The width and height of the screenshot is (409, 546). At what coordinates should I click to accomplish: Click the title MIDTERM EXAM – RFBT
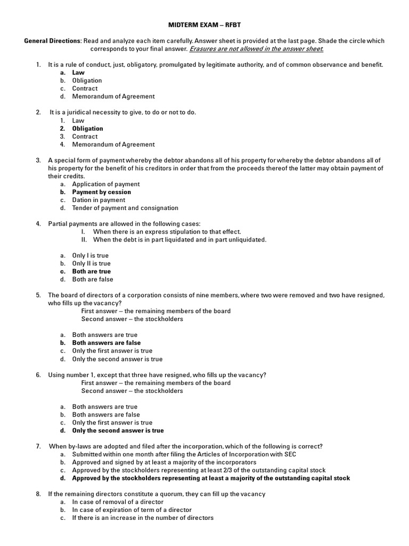[204, 25]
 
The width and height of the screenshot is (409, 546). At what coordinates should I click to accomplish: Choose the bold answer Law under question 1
[78, 73]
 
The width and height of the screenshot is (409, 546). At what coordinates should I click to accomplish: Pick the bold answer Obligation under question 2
[87, 129]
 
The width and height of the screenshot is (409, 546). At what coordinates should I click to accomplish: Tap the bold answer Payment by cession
[101, 192]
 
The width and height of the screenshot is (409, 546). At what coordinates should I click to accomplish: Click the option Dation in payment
[99, 200]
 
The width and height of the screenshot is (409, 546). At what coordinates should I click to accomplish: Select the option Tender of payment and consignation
[125, 208]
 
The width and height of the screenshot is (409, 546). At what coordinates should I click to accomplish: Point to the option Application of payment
[106, 184]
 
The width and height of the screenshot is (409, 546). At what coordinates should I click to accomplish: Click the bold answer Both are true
[91, 271]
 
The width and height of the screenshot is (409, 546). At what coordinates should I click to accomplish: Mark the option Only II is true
[91, 263]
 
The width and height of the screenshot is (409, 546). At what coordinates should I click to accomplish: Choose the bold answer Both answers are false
[106, 343]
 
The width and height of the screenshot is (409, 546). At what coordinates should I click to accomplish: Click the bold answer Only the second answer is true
[118, 430]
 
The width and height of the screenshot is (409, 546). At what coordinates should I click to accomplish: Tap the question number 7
[38, 446]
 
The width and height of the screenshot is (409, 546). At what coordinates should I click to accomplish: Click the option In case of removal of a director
[118, 502]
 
